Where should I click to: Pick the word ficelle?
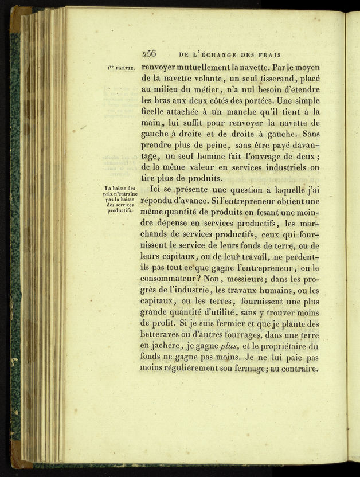point(154,112)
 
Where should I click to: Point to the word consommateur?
point(171,279)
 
